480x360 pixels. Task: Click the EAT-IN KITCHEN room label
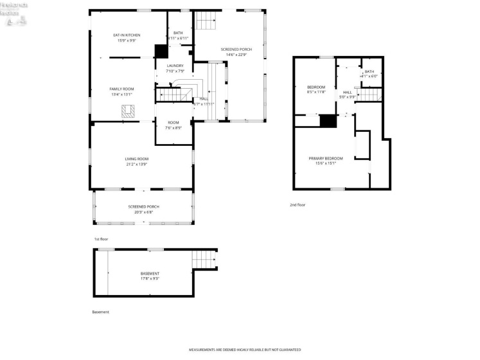tap(127, 35)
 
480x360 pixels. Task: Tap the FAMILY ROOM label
tap(121, 89)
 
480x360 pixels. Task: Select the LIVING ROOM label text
tap(136, 158)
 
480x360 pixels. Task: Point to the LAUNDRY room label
tap(175, 66)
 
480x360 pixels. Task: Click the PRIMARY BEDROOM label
tap(325, 158)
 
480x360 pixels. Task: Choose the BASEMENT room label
tap(150, 273)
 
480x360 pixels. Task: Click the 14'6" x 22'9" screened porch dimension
tap(236, 55)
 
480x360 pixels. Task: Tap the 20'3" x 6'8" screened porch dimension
tap(143, 212)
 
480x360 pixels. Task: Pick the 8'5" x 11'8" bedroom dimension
tap(316, 92)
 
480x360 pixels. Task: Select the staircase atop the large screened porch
tap(206, 21)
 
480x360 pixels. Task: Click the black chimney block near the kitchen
tap(161, 51)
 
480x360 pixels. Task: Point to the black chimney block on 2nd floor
tap(328, 121)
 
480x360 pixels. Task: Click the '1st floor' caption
tap(102, 239)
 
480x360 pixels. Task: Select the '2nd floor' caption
tap(298, 205)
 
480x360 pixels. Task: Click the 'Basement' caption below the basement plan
tap(101, 312)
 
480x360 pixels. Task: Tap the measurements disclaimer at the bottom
tap(244, 350)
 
